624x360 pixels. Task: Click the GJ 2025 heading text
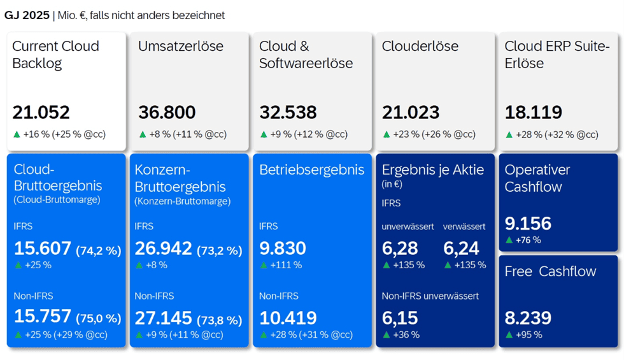point(27,15)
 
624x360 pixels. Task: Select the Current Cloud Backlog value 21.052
point(41,113)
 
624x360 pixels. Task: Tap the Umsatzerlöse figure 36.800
point(167,113)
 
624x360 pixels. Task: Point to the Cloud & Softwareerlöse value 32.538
point(288,113)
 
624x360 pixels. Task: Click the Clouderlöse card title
point(420,46)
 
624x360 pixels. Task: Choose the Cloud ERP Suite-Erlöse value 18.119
point(534,113)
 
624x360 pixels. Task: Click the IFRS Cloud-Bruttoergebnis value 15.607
point(43,248)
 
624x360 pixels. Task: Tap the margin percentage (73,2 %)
point(220,250)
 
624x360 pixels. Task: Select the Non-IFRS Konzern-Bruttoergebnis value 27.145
point(163,318)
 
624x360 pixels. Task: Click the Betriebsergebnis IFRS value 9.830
point(283,248)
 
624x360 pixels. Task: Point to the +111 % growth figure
point(286,265)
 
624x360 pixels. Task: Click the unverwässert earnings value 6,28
point(400,248)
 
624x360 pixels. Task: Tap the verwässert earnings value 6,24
point(461,248)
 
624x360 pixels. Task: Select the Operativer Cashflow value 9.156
point(528,224)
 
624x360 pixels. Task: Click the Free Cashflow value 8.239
point(528,318)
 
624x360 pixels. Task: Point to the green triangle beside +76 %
point(509,240)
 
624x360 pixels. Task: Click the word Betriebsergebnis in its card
point(311,170)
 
